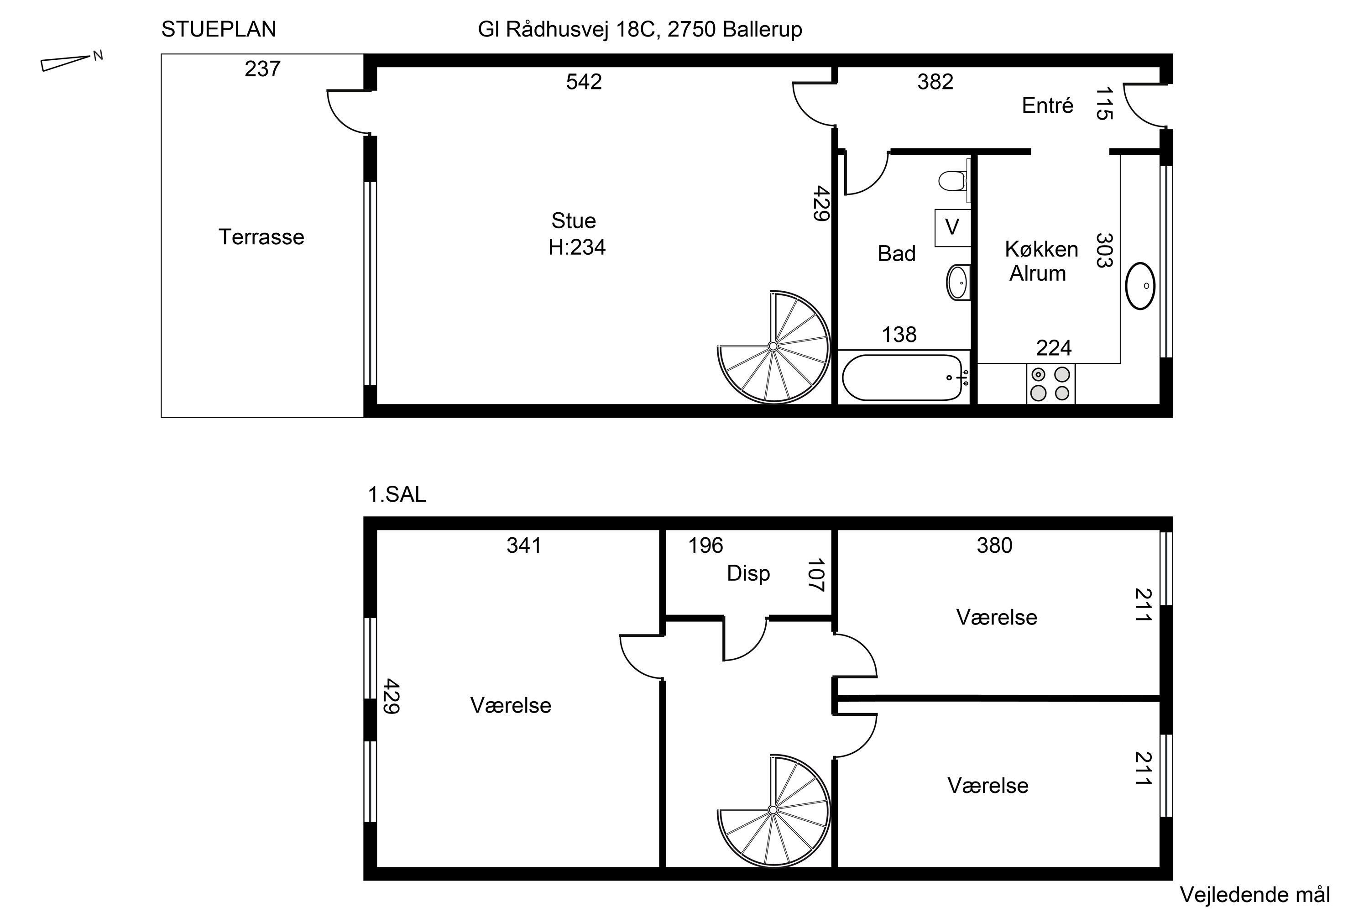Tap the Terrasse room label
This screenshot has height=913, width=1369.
pyautogui.click(x=261, y=237)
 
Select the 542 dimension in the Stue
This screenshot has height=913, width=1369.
pyautogui.click(x=584, y=82)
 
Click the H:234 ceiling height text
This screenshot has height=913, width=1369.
pyautogui.click(x=577, y=247)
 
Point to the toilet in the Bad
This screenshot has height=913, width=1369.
pyautogui.click(x=953, y=180)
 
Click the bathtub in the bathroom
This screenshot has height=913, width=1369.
pyautogui.click(x=902, y=378)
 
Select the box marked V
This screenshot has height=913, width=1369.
pyautogui.click(x=952, y=227)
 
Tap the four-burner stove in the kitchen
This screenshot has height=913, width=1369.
pyautogui.click(x=1050, y=384)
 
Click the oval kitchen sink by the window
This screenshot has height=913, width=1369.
pyautogui.click(x=1140, y=286)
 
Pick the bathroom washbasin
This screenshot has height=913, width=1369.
pyautogui.click(x=958, y=283)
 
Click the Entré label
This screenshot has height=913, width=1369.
pyautogui.click(x=1047, y=106)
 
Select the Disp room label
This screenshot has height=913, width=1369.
pyautogui.click(x=748, y=573)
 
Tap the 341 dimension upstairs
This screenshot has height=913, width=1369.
pyautogui.click(x=524, y=546)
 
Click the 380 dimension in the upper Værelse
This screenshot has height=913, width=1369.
pyautogui.click(x=994, y=546)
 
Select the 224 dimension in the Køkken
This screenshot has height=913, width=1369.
pyautogui.click(x=1054, y=348)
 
